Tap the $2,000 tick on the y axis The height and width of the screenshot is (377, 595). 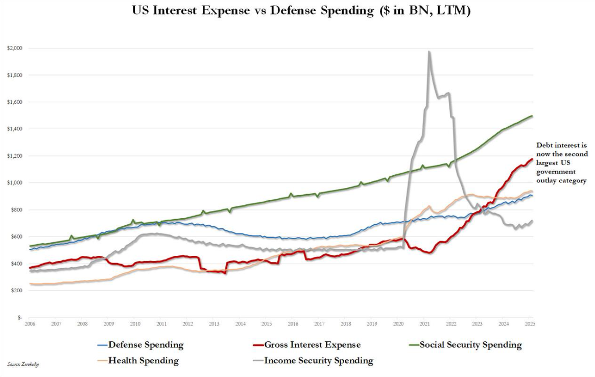[x=14, y=48]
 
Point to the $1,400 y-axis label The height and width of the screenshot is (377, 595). [x=14, y=129]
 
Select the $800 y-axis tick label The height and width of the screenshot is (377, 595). [x=15, y=209]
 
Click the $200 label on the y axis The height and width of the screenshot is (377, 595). [x=15, y=290]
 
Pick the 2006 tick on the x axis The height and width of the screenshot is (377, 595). [x=30, y=324]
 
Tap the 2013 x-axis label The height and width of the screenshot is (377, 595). [x=214, y=324]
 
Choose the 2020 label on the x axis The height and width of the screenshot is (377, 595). [x=398, y=324]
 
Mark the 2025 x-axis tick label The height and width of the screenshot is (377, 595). [x=530, y=324]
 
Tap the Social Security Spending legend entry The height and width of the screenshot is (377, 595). [x=470, y=345]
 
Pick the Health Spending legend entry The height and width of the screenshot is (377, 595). [x=143, y=361]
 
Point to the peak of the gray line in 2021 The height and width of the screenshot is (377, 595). [x=429, y=51]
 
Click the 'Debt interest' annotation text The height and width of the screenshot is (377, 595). [x=562, y=163]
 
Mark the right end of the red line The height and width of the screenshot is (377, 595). [x=532, y=159]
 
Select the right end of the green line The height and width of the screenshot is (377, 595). [x=533, y=116]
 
